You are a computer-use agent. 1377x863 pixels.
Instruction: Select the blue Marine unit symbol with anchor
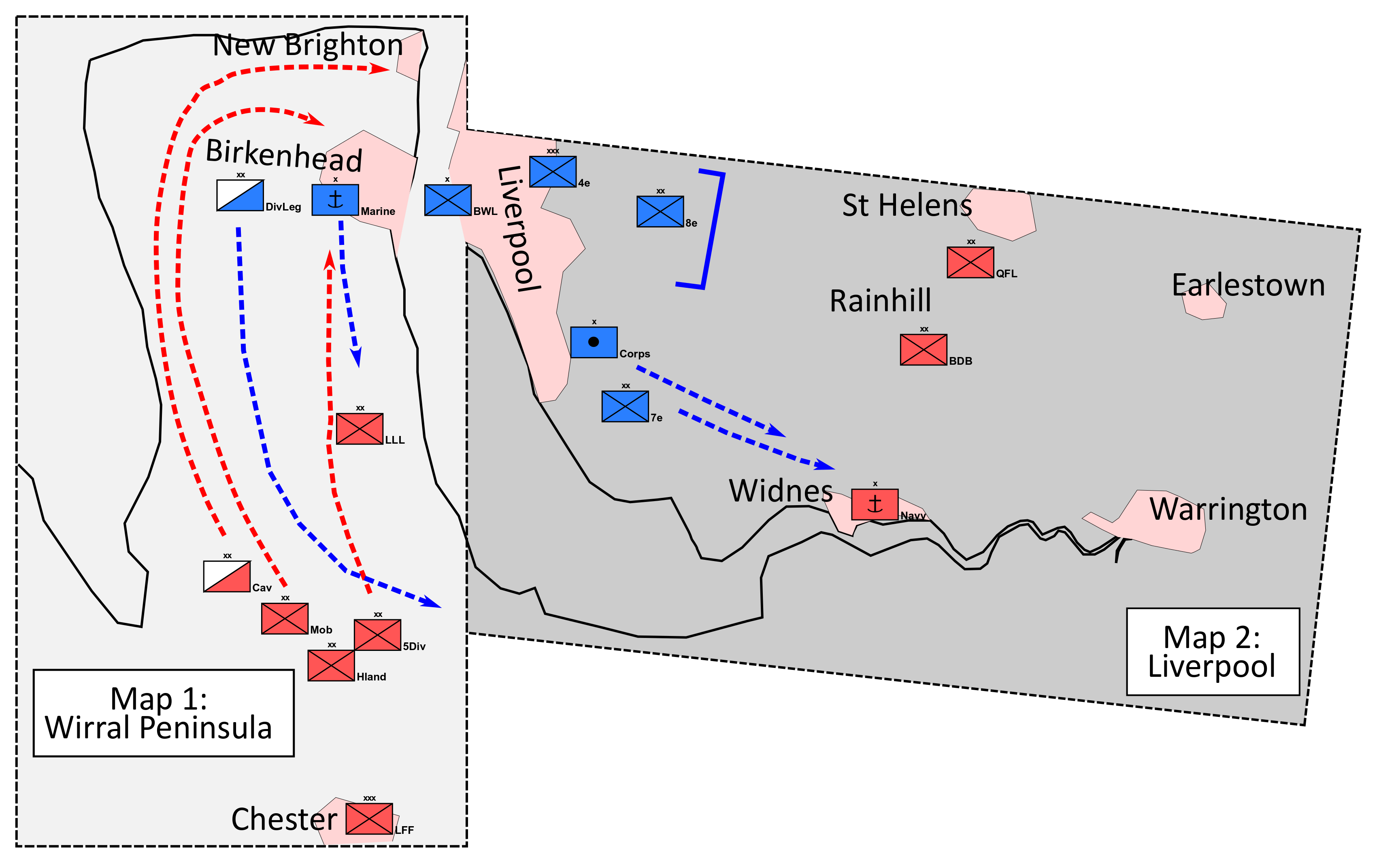tap(335, 200)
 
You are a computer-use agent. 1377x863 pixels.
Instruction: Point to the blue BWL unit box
tap(447, 200)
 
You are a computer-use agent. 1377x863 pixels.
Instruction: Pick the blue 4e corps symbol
tap(553, 172)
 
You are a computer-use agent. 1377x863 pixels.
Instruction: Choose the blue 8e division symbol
tap(660, 212)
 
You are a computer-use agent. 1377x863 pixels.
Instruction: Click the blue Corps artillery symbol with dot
tap(594, 342)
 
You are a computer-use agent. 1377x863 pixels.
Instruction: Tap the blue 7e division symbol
tap(625, 406)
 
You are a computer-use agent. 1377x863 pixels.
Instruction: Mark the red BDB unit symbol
tap(923, 350)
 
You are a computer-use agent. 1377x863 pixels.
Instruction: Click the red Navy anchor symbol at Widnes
tap(875, 504)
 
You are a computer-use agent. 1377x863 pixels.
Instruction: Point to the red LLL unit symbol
tap(360, 429)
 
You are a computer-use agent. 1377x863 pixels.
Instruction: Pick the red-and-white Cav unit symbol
tap(227, 576)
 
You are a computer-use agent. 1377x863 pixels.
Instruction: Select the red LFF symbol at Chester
tap(369, 818)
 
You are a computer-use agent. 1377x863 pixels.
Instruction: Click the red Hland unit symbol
tap(331, 665)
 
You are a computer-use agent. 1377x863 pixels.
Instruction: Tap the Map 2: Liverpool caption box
tap(1213, 652)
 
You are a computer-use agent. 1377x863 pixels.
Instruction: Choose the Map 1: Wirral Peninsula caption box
tap(163, 713)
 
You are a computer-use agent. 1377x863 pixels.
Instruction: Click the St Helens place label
tap(907, 206)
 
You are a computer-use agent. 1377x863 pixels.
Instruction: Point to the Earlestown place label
tap(1248, 285)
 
